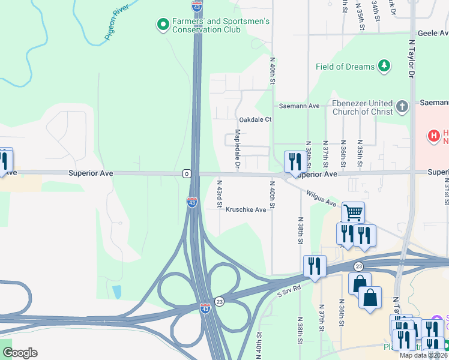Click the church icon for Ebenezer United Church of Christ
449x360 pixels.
[402, 107]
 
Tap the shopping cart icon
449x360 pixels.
[353, 212]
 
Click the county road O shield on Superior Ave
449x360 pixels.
[187, 173]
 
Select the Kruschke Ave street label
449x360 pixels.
[246, 210]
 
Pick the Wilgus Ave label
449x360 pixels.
[321, 199]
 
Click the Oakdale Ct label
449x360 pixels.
[255, 119]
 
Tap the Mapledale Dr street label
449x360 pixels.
[238, 148]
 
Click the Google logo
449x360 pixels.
[20, 353]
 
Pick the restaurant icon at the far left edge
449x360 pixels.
[4, 161]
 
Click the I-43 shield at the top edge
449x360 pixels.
[197, 6]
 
